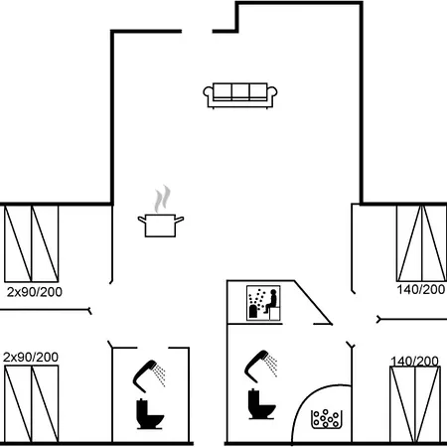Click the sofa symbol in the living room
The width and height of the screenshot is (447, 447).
coord(240,95)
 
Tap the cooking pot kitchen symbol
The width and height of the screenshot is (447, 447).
coord(161,225)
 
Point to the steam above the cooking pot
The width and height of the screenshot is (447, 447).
coord(163,199)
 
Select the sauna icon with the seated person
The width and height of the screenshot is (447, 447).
coord(263,303)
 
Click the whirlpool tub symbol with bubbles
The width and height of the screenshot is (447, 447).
coord(327,419)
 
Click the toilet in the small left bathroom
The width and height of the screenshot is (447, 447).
coord(150,414)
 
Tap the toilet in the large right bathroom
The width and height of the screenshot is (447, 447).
coord(261,404)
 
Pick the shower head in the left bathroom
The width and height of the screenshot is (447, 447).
coord(149,376)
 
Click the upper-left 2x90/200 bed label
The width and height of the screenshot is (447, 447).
coord(35,292)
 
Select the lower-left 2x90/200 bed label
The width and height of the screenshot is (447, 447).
coord(31,358)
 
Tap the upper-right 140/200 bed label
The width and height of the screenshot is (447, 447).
coord(421,290)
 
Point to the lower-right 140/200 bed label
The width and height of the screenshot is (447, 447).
coord(415,361)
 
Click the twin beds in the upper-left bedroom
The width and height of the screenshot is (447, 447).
coord(32,243)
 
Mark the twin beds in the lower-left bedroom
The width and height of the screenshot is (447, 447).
coord(32,403)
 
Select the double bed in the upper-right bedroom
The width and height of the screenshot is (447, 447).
coord(421,243)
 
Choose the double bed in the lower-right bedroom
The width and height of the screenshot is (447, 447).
coord(415,404)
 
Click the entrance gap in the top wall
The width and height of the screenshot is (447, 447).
coord(197,32)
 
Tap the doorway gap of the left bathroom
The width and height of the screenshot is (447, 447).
coord(153,348)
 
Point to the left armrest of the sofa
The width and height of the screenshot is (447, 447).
coord(208,92)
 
